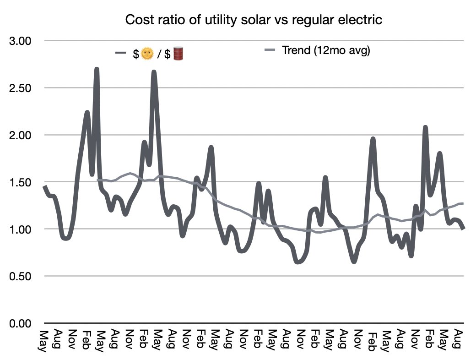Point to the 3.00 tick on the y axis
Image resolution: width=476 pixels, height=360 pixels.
[x=20, y=41]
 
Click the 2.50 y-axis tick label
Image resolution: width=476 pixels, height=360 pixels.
[x=20, y=88]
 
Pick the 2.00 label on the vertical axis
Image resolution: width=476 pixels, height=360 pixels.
[x=20, y=135]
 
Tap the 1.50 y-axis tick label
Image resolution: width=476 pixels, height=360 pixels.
[x=20, y=182]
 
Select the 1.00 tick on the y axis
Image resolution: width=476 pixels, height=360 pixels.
[x=20, y=229]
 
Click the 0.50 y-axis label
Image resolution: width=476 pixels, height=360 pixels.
[x=20, y=276]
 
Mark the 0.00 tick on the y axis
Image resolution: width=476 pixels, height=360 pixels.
[x=20, y=323]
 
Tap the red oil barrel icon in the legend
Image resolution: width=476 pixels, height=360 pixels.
[x=178, y=54]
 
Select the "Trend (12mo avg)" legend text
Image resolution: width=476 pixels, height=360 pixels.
[x=326, y=50]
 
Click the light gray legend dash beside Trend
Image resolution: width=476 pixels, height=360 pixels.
[x=270, y=50]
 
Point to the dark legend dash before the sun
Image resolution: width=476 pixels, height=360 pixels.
[x=120, y=53]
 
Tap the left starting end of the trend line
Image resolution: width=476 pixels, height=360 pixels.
[x=97, y=180]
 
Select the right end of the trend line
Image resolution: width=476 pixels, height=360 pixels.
[x=463, y=203]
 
